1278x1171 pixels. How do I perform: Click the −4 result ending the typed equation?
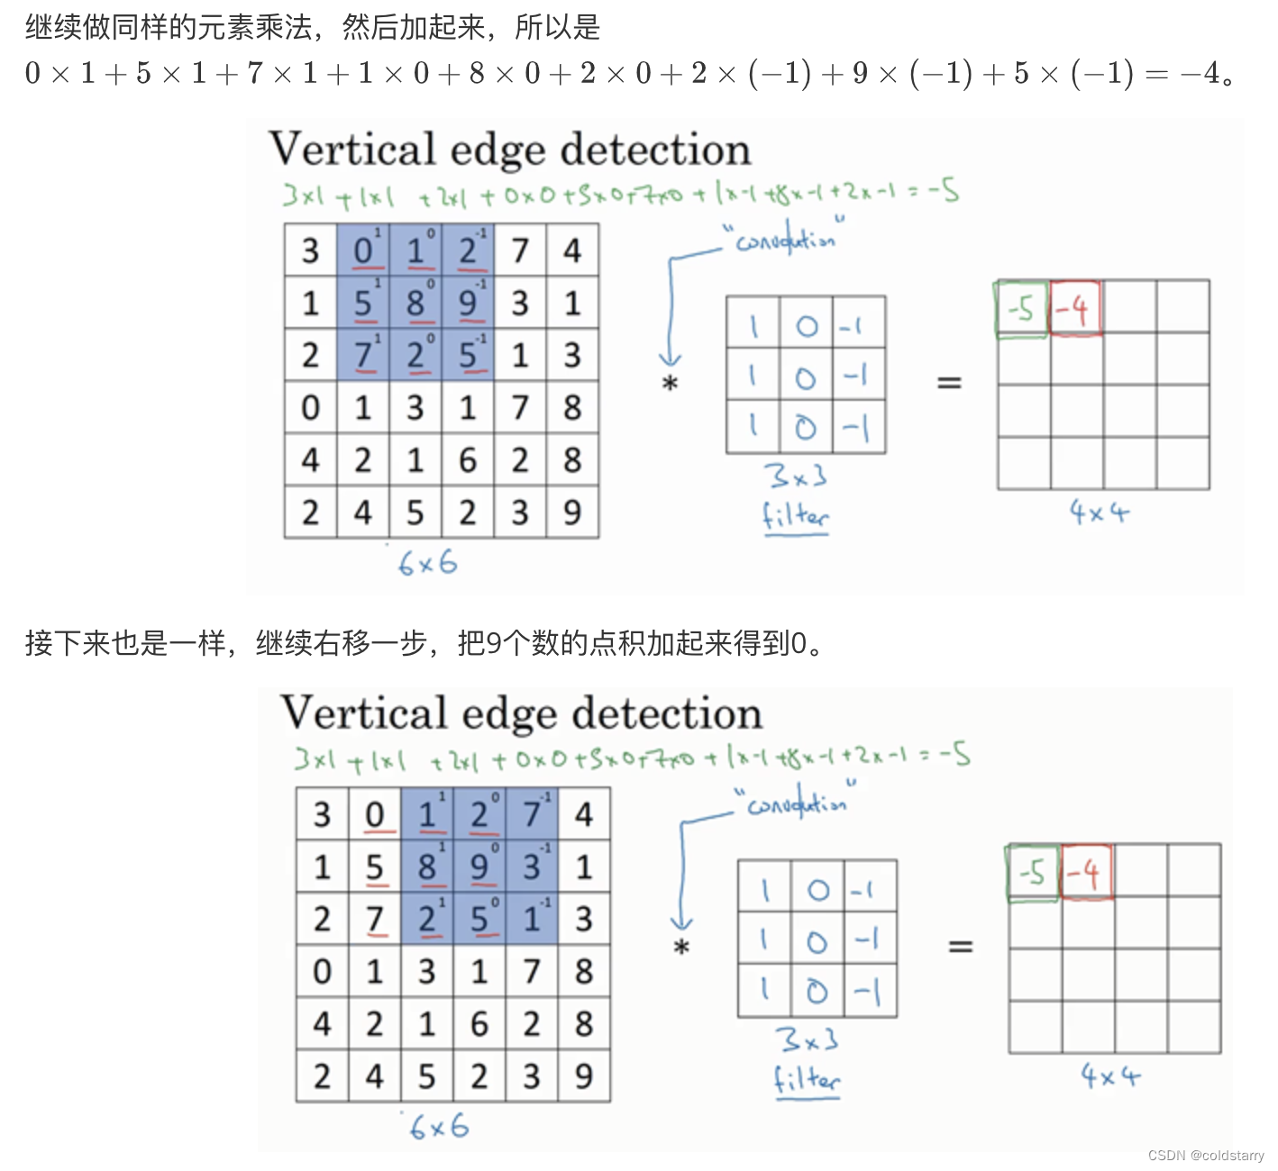[1200, 73]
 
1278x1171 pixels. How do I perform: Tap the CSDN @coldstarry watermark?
[1206, 1155]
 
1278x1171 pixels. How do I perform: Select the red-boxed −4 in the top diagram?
[1074, 309]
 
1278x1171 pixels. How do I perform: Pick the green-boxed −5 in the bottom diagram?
[1033, 872]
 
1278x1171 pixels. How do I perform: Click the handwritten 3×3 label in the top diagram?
[795, 476]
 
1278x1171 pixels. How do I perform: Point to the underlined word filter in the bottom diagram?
[807, 1079]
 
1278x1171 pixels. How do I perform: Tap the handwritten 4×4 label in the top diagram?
[1099, 513]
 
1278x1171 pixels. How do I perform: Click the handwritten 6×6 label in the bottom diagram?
[439, 1126]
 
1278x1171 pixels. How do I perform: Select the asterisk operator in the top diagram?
[670, 384]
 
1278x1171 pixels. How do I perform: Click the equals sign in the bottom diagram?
[961, 946]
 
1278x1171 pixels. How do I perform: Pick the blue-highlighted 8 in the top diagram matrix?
[415, 303]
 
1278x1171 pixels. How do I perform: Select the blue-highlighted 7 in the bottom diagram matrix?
[532, 814]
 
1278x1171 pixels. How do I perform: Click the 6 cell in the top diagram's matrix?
[467, 460]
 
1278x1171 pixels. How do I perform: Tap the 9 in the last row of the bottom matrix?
[584, 1076]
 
